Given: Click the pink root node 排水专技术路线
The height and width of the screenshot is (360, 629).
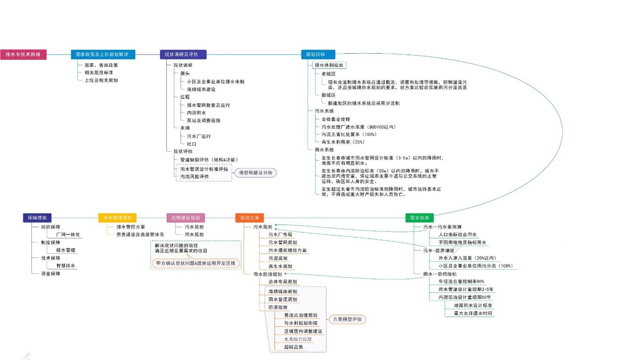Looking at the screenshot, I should click(23, 55).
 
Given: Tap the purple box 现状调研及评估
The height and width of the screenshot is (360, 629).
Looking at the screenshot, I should click(183, 55).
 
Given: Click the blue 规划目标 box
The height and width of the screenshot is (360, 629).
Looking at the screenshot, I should click(318, 55).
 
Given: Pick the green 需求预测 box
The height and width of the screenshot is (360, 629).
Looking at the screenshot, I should click(419, 218).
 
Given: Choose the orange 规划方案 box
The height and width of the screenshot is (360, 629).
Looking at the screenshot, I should click(249, 218).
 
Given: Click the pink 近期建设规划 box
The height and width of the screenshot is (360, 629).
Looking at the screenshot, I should click(186, 218).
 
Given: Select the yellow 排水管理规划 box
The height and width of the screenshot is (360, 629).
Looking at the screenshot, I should click(117, 218).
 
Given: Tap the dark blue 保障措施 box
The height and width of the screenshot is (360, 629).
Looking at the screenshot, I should click(37, 218).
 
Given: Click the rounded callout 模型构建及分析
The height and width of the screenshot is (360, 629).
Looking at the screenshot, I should click(256, 173).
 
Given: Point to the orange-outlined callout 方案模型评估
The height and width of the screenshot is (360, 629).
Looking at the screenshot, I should click(347, 319).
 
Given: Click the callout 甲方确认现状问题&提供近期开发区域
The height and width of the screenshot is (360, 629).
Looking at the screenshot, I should click(195, 263).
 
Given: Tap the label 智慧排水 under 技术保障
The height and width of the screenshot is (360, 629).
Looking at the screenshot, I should click(66, 266).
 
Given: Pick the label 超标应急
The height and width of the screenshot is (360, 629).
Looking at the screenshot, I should click(294, 347).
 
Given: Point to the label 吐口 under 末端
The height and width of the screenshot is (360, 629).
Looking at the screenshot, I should click(192, 144).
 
